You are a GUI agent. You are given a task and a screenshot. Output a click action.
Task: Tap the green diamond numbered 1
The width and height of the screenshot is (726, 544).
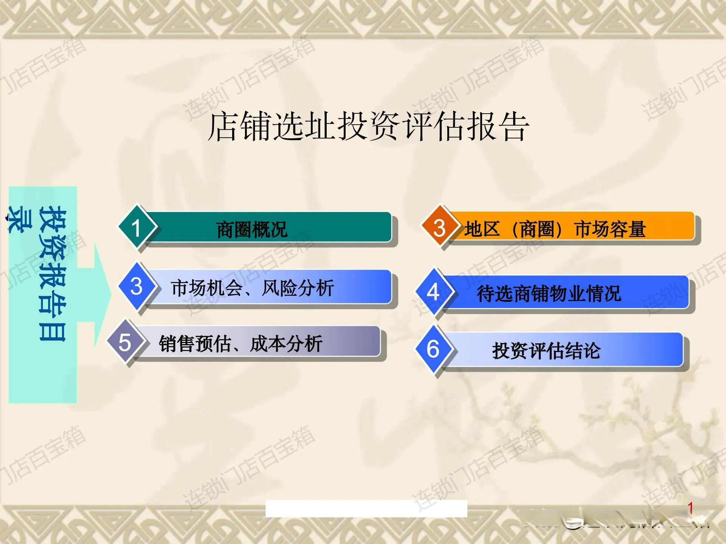[x=136, y=227]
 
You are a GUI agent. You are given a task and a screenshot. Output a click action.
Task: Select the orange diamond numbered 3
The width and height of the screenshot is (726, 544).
[x=439, y=227]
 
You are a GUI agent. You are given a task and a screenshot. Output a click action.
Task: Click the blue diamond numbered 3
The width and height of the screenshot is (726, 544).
[x=136, y=286]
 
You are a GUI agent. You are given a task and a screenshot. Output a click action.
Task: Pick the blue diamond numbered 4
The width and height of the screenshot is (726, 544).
[x=433, y=292]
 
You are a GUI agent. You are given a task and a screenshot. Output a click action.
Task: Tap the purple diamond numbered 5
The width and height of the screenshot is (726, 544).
[x=125, y=342]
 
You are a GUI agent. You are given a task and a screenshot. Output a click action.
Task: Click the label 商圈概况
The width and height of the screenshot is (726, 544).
[x=252, y=229]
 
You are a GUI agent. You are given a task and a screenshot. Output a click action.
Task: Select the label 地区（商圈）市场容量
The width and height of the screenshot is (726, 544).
[x=555, y=229]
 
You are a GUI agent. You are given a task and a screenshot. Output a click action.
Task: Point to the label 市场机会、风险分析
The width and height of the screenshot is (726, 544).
[x=252, y=288]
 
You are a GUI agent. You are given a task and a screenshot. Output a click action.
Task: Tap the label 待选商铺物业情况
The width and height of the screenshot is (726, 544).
[x=549, y=294]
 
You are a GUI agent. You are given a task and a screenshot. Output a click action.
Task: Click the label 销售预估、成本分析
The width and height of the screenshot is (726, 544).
[x=240, y=344]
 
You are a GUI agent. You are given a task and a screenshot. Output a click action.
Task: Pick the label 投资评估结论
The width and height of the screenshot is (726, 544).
[x=546, y=351]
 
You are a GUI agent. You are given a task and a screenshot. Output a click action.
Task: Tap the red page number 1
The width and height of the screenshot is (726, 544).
[x=690, y=508]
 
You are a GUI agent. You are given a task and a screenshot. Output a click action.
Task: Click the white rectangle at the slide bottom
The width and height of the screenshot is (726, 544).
[x=366, y=508]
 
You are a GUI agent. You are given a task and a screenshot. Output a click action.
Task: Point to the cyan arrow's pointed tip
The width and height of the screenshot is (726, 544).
[x=112, y=295]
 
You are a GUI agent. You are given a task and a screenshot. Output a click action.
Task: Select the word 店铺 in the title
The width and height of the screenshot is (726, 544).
[x=239, y=127]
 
